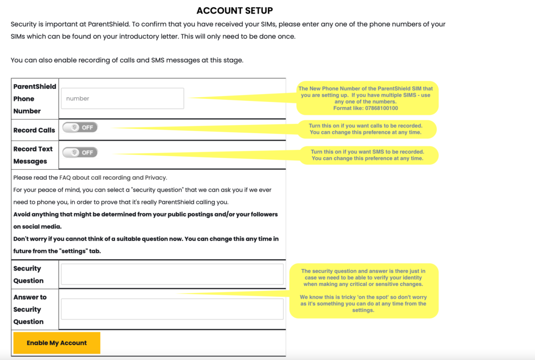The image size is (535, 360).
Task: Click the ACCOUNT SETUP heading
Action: pos(235,10)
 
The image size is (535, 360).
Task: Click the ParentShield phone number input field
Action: pos(122,98)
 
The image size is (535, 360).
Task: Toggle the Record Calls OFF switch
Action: pos(80,127)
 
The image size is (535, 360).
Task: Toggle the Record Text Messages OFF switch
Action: pos(80,152)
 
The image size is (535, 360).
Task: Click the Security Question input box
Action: pos(172,274)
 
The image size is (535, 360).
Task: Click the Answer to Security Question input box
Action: pos(172,309)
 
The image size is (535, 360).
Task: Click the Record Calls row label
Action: pos(34,130)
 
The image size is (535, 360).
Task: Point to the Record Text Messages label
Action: pos(33,155)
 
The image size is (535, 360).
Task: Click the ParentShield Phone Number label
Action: pos(34,99)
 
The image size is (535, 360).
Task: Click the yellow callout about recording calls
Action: pos(366,129)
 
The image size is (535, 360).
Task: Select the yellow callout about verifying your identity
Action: pos(363,291)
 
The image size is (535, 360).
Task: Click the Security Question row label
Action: pos(28,274)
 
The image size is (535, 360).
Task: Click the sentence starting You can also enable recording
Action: pos(127,60)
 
